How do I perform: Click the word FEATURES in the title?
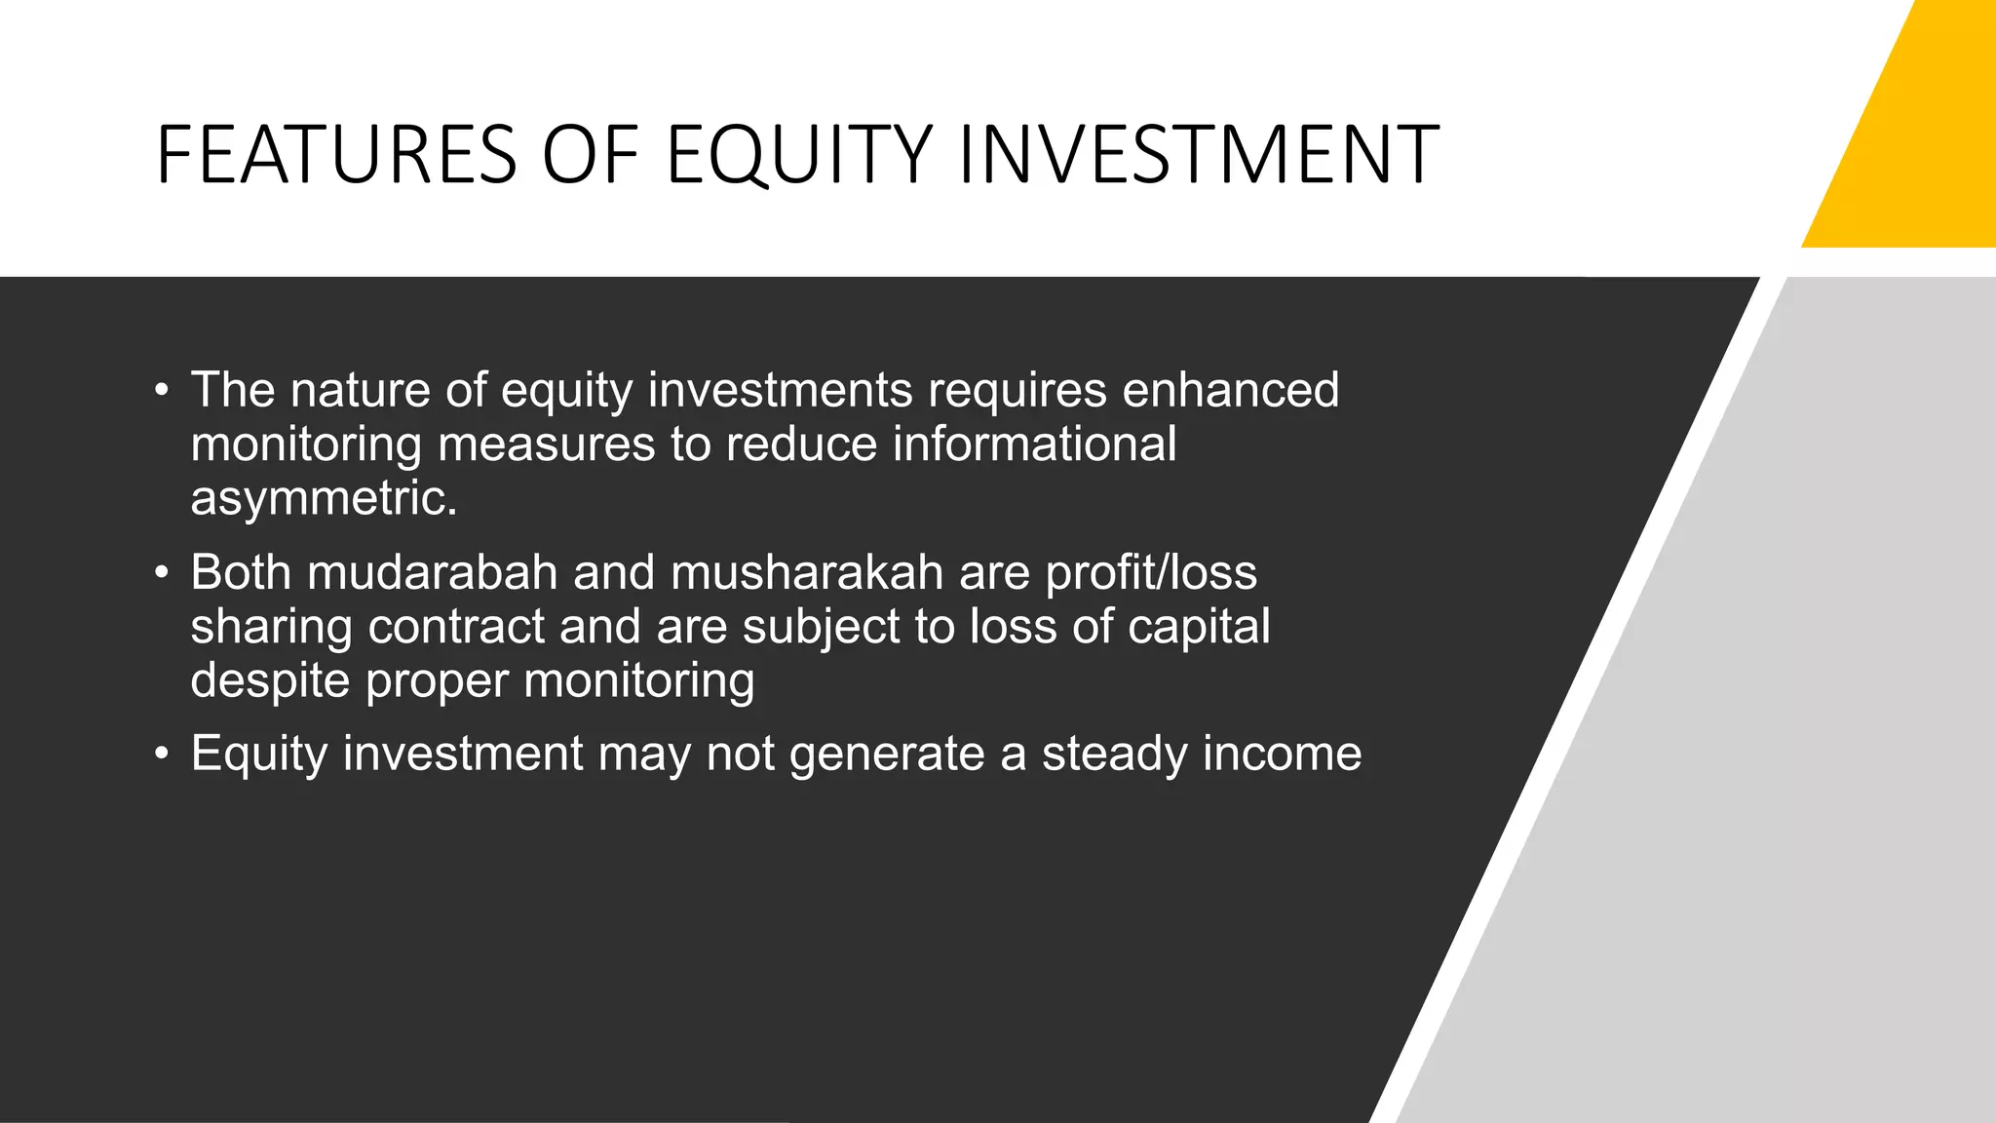click(335, 154)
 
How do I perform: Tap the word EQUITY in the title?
click(800, 154)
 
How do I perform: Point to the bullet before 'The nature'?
click(162, 392)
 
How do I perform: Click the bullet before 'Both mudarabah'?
click(162, 574)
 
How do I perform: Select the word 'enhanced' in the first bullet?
click(1230, 390)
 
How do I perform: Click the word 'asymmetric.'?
click(324, 499)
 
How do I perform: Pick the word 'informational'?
click(1034, 445)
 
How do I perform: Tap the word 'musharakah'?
click(807, 572)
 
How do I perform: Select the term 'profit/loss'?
click(1151, 572)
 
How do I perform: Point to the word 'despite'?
click(270, 681)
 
